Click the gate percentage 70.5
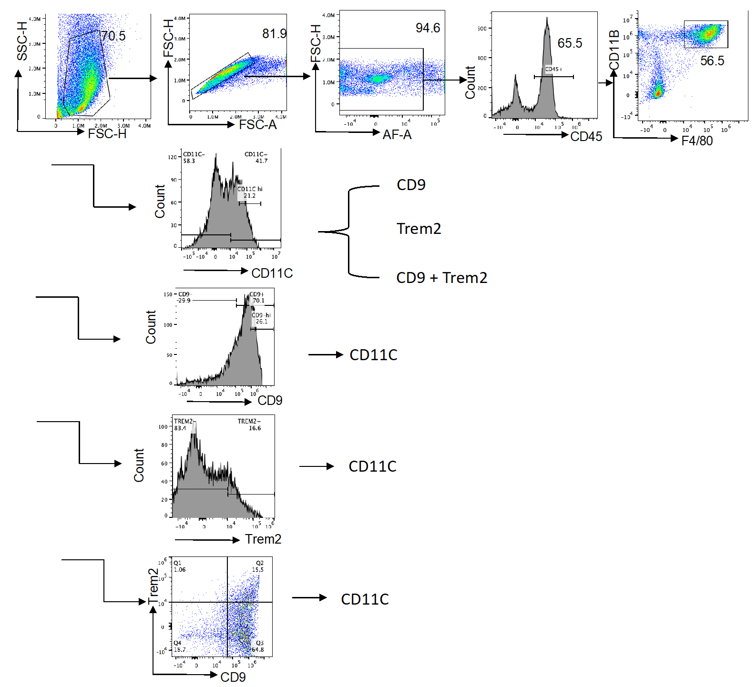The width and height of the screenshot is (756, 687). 113,36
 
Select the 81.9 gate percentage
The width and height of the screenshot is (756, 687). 274,33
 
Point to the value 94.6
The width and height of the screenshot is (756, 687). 428,28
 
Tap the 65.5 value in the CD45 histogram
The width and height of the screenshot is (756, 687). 570,43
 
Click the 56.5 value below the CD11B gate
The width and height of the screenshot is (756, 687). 712,61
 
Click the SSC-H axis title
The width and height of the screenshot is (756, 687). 22,41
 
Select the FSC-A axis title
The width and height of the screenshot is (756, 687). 257,125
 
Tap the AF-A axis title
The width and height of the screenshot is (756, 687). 397,135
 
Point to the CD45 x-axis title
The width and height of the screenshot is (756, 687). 586,137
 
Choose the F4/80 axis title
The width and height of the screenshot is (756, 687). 696,141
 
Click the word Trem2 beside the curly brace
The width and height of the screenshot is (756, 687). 419,229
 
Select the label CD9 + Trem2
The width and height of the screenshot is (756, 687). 441,278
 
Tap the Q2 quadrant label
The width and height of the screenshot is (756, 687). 259,563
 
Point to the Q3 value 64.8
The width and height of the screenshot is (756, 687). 257,649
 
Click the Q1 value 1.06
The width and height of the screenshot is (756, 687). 180,570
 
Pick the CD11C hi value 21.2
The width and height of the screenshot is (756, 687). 249,196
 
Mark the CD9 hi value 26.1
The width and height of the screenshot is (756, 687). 261,322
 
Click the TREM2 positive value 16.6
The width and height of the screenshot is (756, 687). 255,428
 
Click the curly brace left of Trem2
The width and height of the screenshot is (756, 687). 348,232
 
